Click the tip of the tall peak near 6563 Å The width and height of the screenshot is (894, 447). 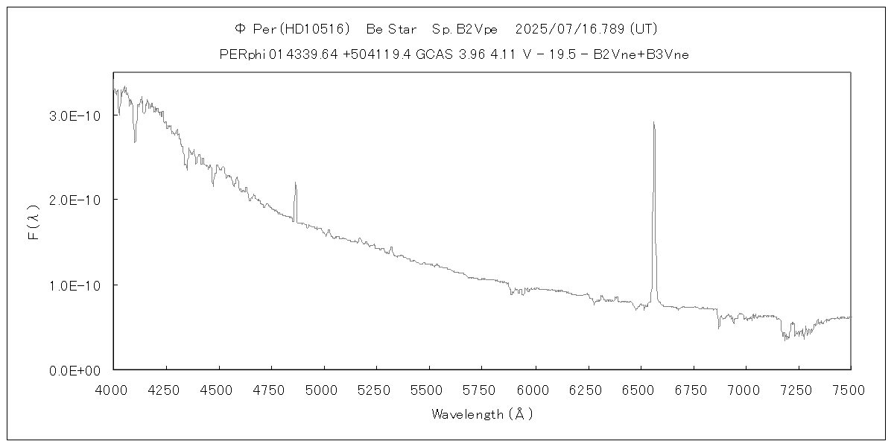point(653,123)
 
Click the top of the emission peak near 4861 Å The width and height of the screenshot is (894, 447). point(295,183)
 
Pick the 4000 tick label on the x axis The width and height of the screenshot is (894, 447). point(113,389)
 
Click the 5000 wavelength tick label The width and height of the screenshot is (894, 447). point(324,389)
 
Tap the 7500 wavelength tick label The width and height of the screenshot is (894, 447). point(850,389)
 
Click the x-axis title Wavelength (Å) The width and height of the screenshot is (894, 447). point(482,414)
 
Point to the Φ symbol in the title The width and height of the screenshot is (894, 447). point(240,29)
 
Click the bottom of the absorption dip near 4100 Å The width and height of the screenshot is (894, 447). point(135,142)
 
